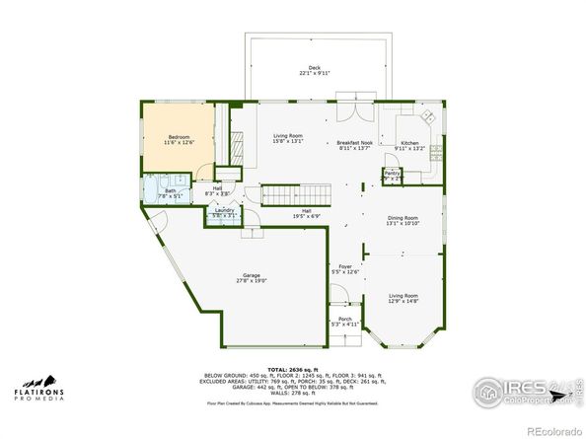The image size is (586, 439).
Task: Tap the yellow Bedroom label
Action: pos(179,140)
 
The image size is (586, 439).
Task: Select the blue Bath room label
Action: pos(171,193)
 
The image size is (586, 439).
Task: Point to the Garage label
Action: pos(252,277)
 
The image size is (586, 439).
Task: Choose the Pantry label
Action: pos(392,175)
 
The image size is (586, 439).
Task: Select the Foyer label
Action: pos(345,268)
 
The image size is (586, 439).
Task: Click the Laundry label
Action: pos(224,212)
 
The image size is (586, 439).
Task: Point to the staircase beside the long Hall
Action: pos(292,193)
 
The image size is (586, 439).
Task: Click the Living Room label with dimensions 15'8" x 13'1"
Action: pos(287,138)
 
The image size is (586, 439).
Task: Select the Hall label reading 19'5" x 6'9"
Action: pos(307,213)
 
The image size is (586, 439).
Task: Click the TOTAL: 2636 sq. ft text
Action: pos(293,368)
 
